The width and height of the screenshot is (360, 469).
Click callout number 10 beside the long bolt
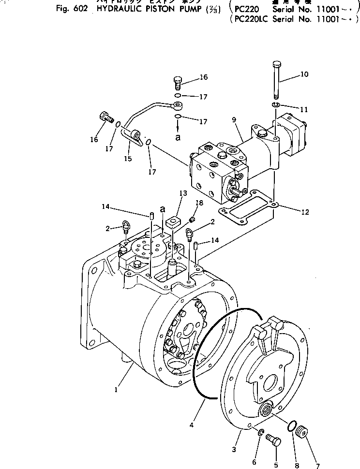(304, 74)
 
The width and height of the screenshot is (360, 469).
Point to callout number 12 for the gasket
(305, 211)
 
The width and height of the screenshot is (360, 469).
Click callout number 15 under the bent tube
(128, 158)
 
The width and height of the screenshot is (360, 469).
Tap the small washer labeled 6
(260, 432)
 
